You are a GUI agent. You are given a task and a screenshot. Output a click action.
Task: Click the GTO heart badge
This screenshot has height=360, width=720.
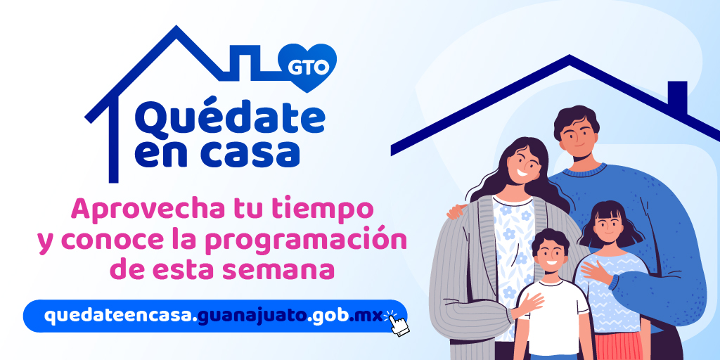(307, 67)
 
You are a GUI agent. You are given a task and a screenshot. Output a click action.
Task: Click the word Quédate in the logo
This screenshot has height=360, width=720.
(230, 119)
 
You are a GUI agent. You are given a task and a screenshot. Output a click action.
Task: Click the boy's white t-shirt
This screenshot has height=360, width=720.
(553, 317)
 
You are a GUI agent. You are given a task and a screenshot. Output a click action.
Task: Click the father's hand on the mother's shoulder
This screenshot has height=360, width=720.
(457, 211)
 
